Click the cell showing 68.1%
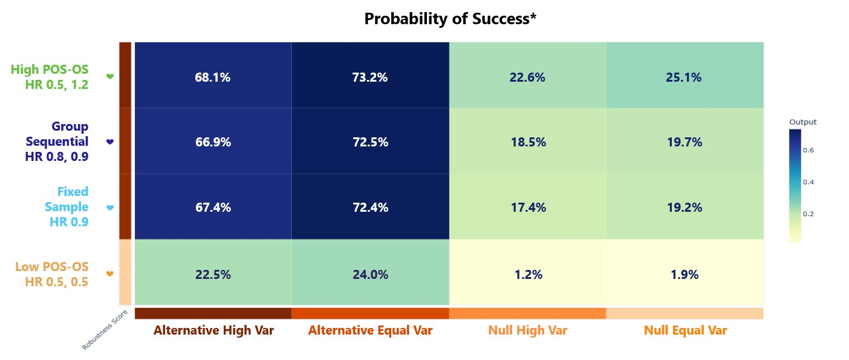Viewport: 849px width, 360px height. (213, 77)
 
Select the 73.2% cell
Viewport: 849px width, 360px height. (370, 77)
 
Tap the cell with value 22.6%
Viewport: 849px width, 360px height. (527, 77)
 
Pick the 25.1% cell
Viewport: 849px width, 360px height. (685, 77)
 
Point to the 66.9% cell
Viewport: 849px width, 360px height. (213, 142)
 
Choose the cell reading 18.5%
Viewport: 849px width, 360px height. (527, 142)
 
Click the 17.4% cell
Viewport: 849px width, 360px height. (527, 208)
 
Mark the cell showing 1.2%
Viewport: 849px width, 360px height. (527, 274)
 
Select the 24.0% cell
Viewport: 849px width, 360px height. (370, 274)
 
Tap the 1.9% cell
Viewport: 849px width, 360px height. (685, 274)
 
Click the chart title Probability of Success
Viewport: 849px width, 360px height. (451, 19)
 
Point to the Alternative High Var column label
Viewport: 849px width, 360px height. (213, 330)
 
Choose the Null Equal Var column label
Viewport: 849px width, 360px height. (685, 330)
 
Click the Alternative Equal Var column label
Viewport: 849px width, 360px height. (370, 330)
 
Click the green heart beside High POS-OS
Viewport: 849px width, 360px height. (110, 76)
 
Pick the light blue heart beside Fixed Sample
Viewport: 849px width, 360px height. (110, 208)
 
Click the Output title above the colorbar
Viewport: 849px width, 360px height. (802, 122)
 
